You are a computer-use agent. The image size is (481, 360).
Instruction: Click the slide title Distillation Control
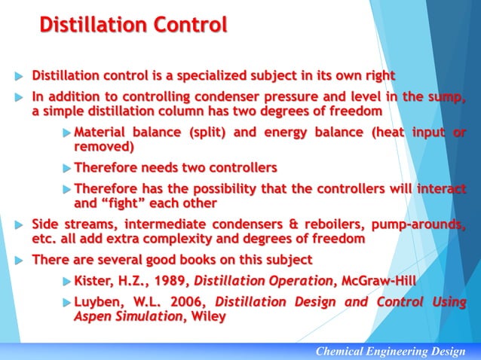133,26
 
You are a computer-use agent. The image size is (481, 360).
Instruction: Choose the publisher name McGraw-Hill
376,282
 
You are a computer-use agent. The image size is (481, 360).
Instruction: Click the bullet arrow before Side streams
18,225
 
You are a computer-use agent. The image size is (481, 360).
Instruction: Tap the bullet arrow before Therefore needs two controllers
66,168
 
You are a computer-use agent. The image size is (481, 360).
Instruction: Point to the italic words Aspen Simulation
127,317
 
